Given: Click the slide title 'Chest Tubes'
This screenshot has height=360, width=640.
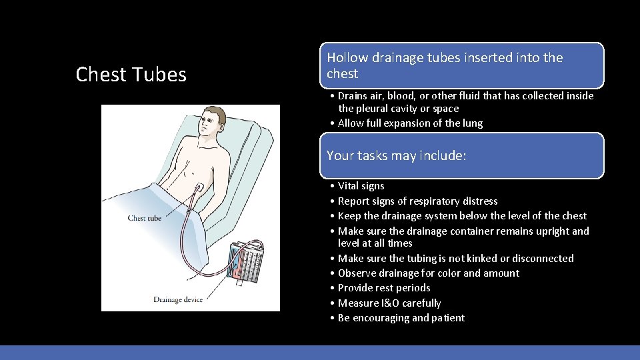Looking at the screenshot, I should pyautogui.click(x=131, y=74).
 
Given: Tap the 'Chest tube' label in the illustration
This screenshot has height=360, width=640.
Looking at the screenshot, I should pyautogui.click(x=145, y=218).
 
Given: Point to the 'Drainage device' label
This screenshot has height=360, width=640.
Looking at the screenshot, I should pyautogui.click(x=178, y=299).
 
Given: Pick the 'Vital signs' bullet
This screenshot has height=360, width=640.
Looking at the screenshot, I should pyautogui.click(x=361, y=186).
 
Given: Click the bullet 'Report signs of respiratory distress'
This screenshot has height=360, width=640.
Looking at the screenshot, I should pyautogui.click(x=417, y=201).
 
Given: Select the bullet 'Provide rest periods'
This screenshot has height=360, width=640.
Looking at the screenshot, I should pyautogui.click(x=384, y=288).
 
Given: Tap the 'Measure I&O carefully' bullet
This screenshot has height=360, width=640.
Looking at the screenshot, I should pyautogui.click(x=389, y=303).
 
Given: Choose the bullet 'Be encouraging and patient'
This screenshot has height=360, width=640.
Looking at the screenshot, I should pyautogui.click(x=401, y=318).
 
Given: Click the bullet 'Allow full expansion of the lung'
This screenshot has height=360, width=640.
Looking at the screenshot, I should pyautogui.click(x=410, y=123).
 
